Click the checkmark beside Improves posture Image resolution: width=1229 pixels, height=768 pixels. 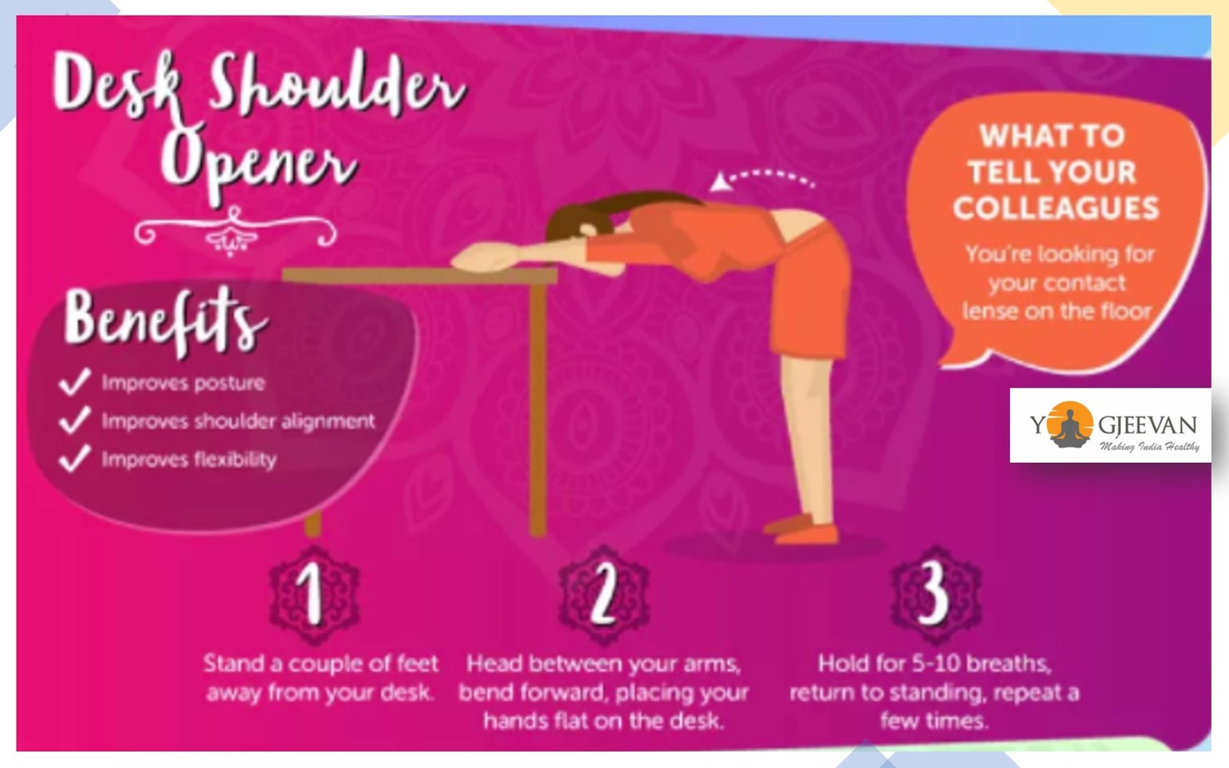[x=74, y=382]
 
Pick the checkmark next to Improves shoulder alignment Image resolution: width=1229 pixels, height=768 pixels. [x=74, y=420]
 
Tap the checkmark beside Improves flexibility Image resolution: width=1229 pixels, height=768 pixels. [x=74, y=458]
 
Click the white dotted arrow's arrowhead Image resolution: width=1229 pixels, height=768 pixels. [x=719, y=182]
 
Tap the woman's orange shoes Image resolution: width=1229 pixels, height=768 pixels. [x=802, y=529]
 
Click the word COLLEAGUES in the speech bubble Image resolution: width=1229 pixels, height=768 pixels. [x=1055, y=208]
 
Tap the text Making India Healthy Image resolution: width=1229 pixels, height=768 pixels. [x=1149, y=447]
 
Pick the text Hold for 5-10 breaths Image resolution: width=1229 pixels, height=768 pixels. [x=934, y=664]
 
